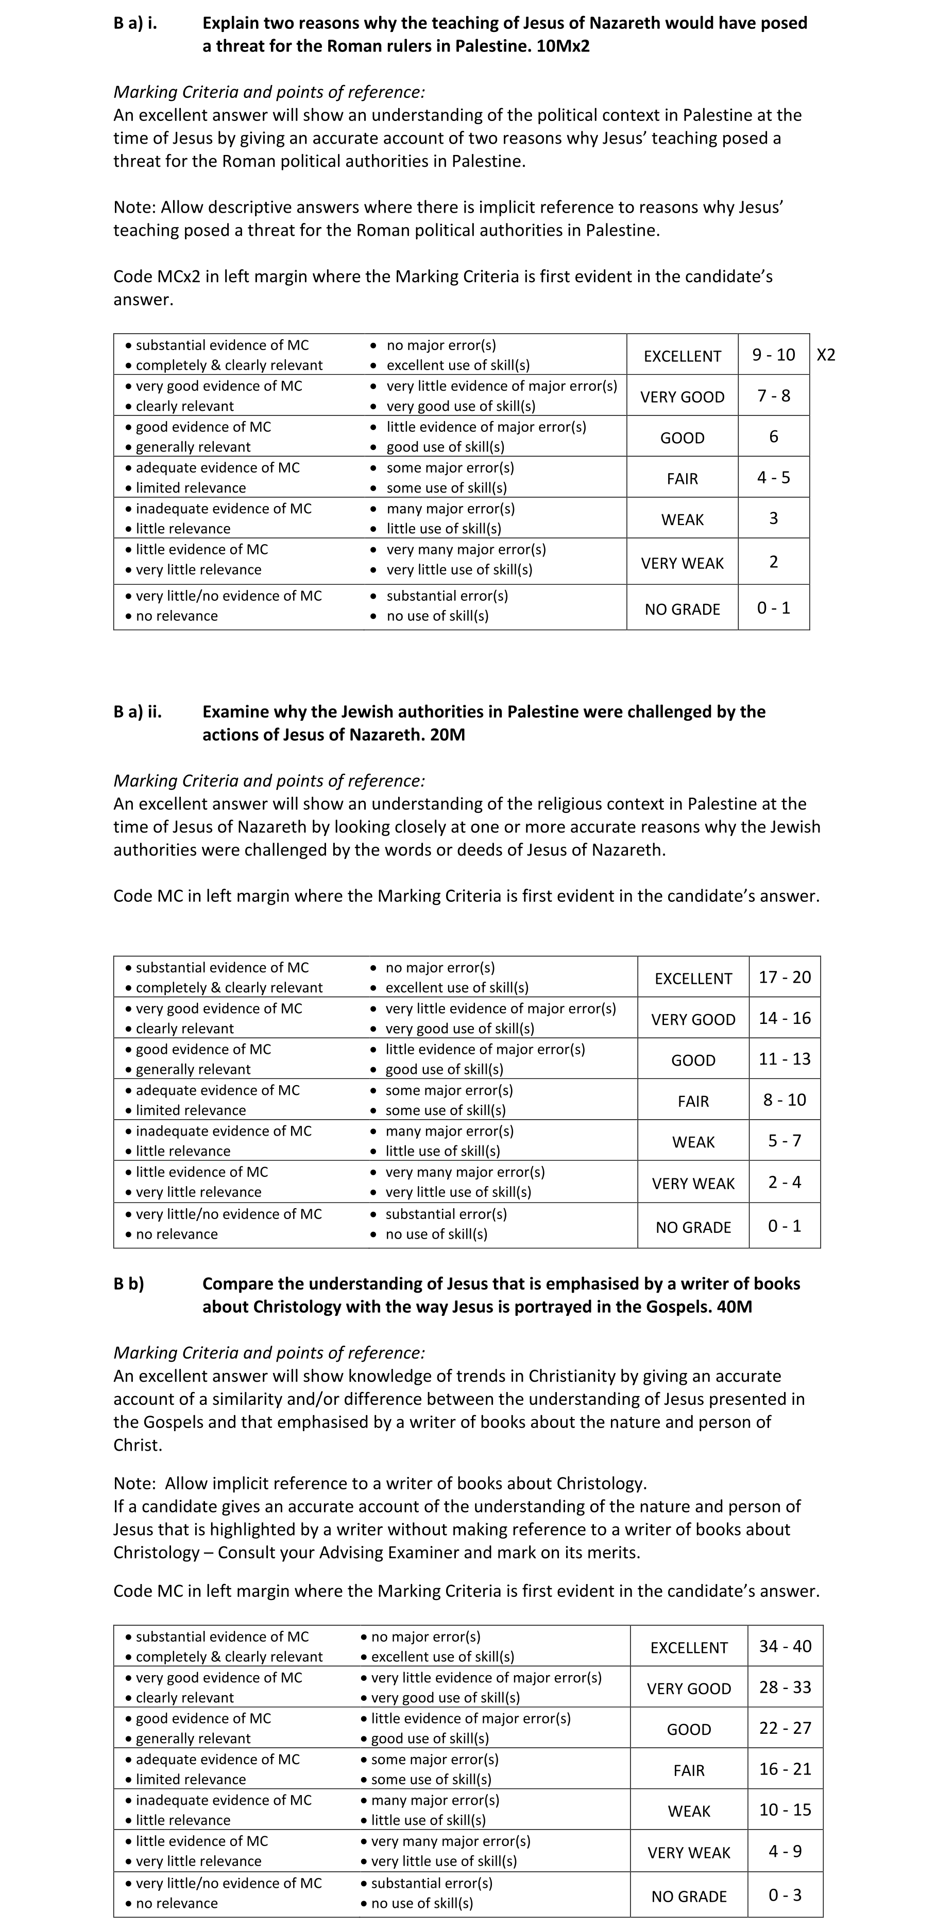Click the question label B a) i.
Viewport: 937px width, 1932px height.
tap(135, 23)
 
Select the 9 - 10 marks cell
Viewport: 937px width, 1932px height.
tap(774, 355)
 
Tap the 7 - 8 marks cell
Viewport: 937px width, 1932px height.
tap(774, 395)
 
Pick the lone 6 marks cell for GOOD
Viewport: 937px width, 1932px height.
tap(774, 437)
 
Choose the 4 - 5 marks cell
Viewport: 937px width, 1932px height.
tap(774, 478)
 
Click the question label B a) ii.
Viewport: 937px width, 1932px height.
tap(138, 712)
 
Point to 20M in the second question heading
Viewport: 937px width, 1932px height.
tap(448, 735)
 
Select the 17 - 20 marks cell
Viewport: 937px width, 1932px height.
tap(785, 977)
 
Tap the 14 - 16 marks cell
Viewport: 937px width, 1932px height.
tap(785, 1018)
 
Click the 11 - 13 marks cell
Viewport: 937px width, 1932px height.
tap(785, 1059)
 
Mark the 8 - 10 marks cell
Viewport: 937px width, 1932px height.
tap(785, 1100)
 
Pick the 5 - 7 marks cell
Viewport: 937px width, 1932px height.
tap(785, 1141)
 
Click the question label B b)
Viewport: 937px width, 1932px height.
tap(129, 1284)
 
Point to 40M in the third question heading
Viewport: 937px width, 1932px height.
tap(735, 1307)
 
